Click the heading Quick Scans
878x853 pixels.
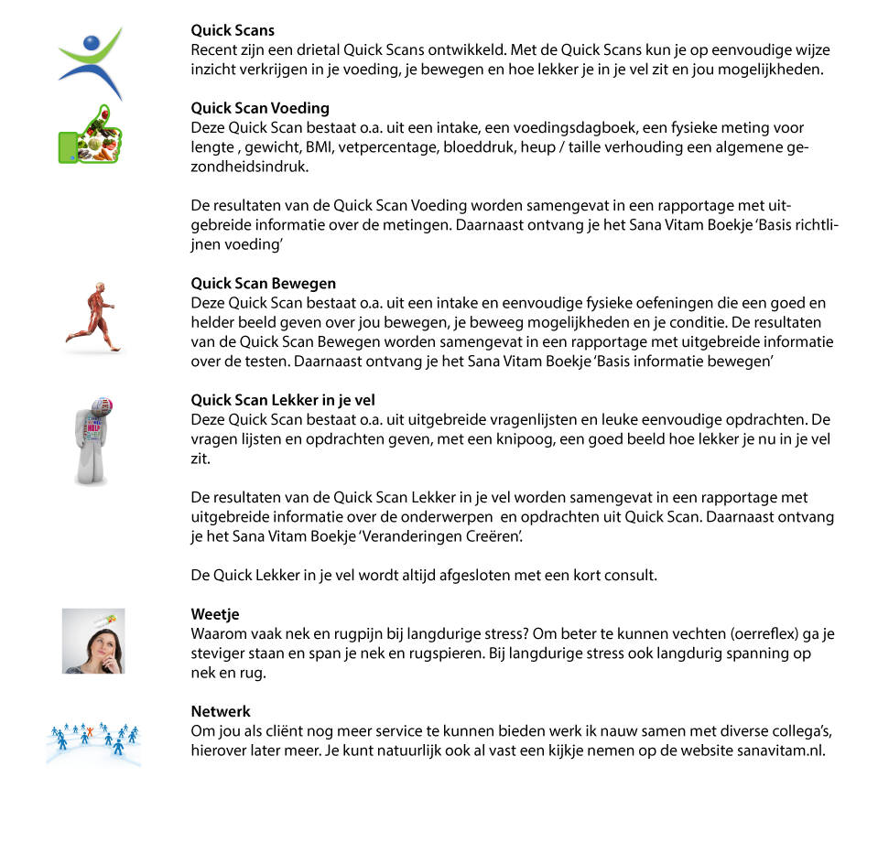(233, 31)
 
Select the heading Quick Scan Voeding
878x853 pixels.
(260, 109)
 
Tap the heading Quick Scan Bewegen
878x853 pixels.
(264, 283)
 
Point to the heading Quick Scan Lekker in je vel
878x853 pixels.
(283, 400)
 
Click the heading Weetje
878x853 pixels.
(215, 614)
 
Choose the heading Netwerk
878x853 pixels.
(221, 711)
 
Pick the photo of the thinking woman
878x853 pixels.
(93, 641)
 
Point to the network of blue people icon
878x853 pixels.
(93, 738)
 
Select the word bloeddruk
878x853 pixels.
(499, 148)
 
